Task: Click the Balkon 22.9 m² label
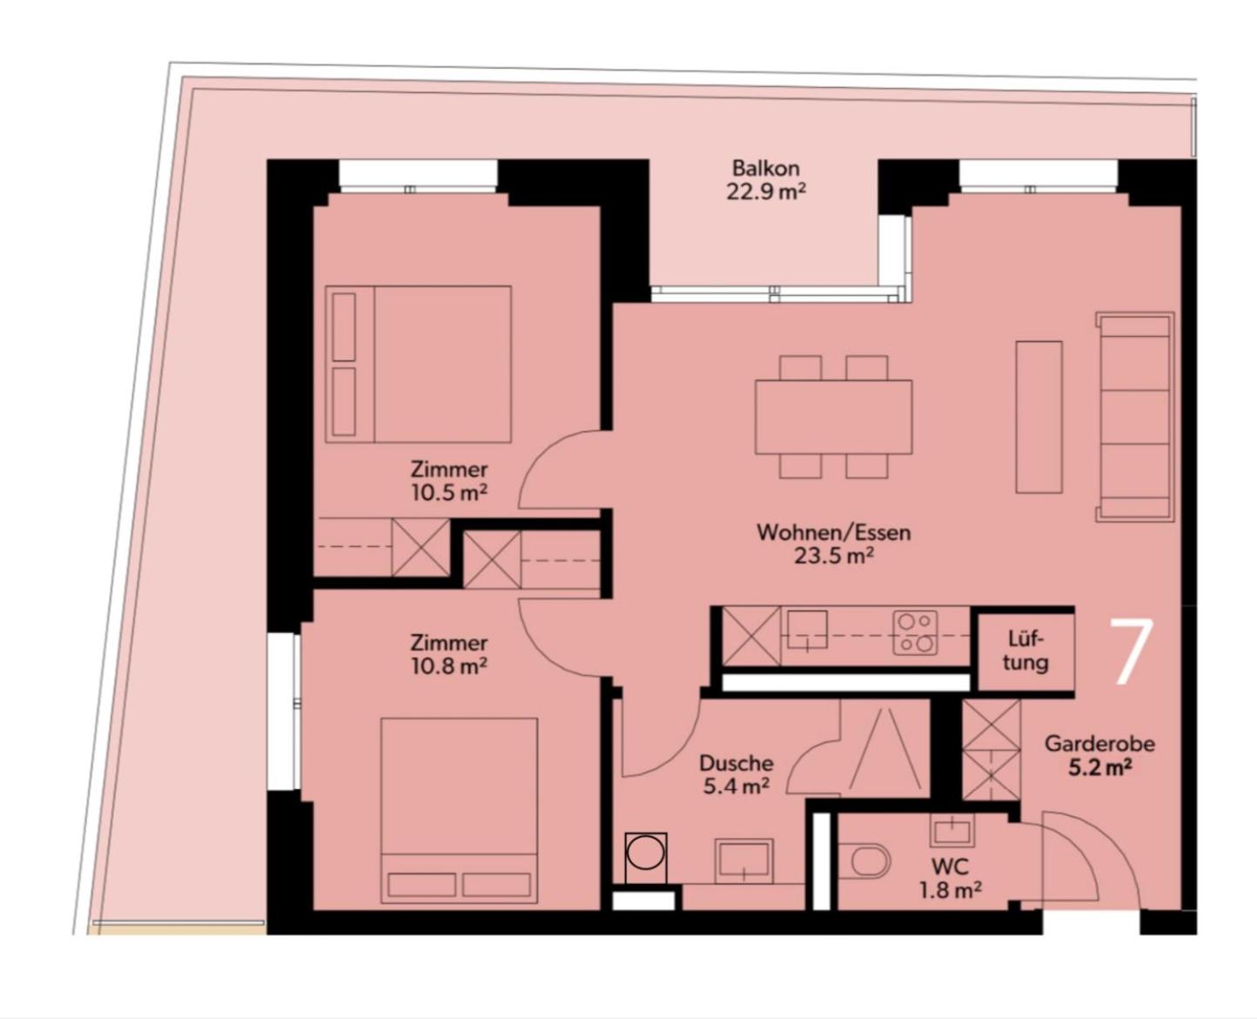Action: [x=765, y=180]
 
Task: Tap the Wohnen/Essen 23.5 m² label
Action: [x=833, y=543]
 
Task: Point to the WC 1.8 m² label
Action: [x=950, y=878]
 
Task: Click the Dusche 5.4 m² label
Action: [x=736, y=774]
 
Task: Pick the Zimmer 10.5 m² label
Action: [x=449, y=481]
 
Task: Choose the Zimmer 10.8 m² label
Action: [x=449, y=653]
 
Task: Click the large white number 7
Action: [x=1132, y=652]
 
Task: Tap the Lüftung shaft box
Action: [x=1025, y=651]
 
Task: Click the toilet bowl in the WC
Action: [x=864, y=862]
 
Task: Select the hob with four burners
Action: [x=914, y=632]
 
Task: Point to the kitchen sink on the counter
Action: [x=807, y=630]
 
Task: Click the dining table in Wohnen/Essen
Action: [x=833, y=417]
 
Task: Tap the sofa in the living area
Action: [x=1134, y=417]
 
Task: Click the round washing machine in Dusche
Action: [x=646, y=858]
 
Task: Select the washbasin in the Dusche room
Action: [x=743, y=860]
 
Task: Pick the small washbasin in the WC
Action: [x=952, y=831]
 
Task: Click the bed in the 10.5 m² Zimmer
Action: [x=418, y=364]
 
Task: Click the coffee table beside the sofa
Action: [x=1039, y=417]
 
